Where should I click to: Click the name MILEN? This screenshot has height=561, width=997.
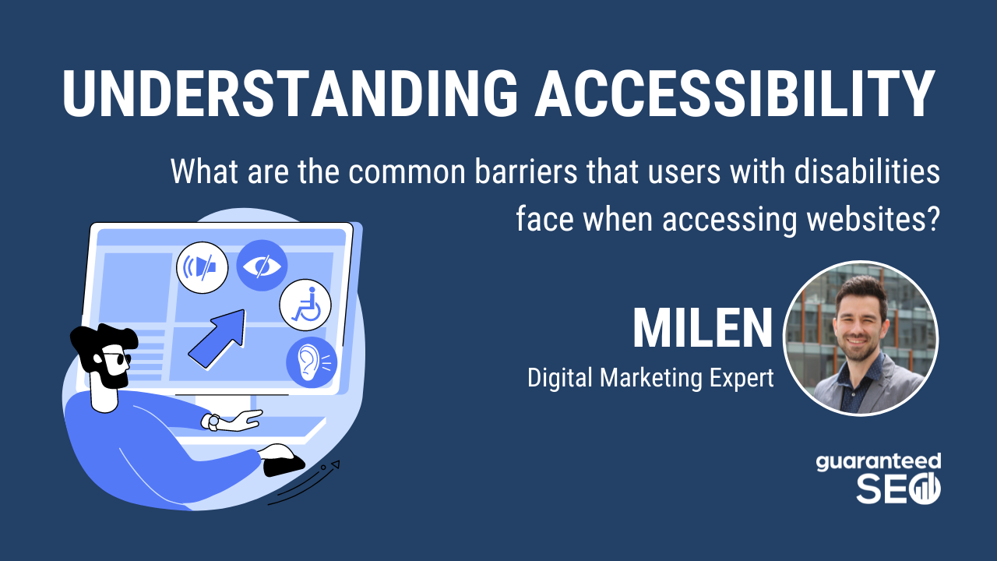[702, 330]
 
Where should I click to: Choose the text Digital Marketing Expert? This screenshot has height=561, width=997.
[650, 379]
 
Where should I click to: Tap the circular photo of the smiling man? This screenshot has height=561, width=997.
[860, 338]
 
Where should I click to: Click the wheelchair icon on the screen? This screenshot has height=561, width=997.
[305, 305]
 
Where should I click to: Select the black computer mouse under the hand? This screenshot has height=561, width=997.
[283, 460]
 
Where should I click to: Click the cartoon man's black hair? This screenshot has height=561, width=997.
[101, 340]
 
